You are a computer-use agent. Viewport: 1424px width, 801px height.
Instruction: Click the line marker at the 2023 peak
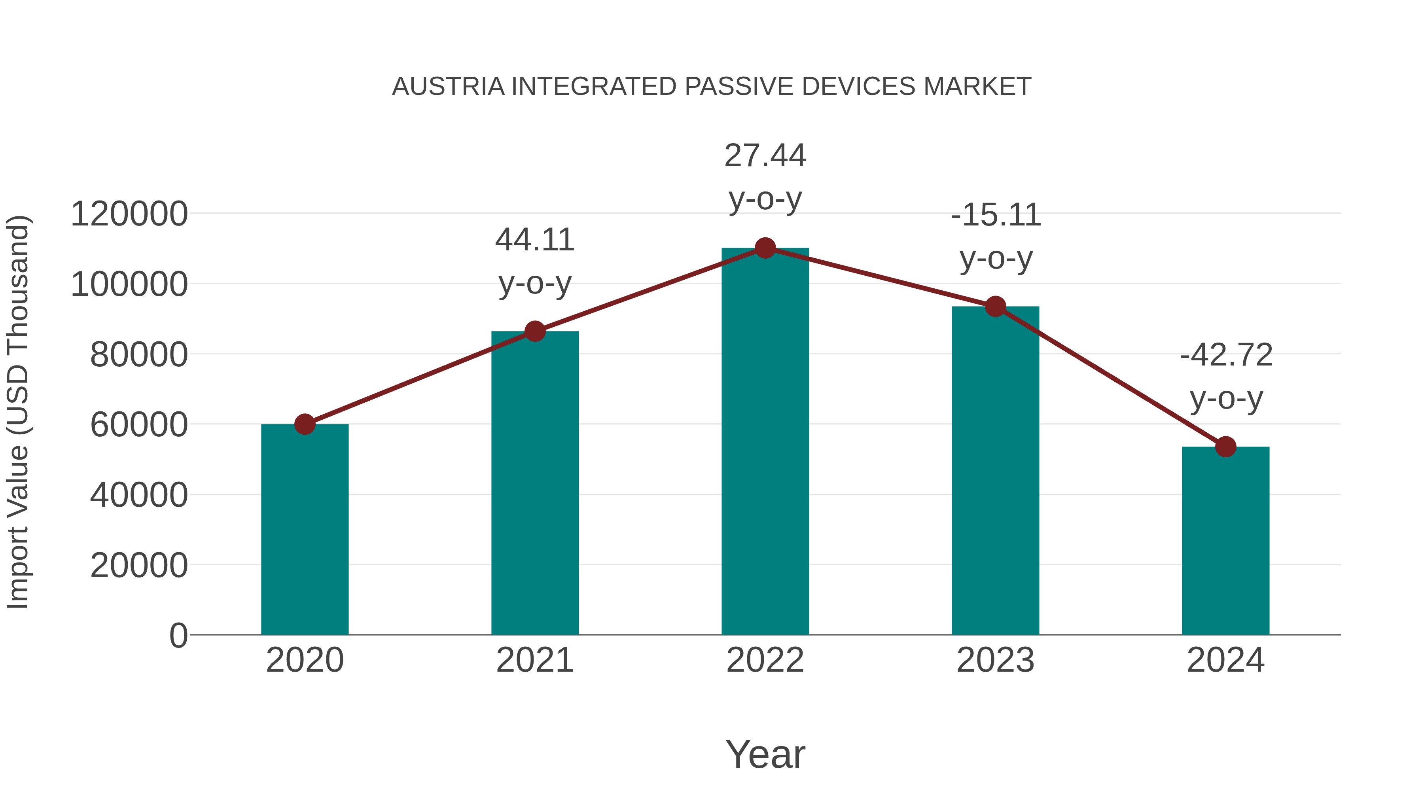[x=996, y=306]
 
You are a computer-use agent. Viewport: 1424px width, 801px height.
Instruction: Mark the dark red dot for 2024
[x=1225, y=447]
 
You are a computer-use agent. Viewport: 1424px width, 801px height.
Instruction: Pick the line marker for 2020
[x=305, y=424]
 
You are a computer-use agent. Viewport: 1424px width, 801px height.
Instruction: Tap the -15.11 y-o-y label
[x=996, y=236]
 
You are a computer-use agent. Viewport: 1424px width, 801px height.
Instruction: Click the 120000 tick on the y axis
[x=129, y=214]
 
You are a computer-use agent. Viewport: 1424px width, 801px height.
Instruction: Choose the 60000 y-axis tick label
[x=139, y=425]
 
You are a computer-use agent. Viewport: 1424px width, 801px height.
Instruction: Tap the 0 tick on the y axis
[x=178, y=636]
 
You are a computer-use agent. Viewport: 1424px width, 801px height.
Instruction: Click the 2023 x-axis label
[x=996, y=661]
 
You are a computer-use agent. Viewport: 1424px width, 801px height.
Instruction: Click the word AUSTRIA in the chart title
[x=448, y=87]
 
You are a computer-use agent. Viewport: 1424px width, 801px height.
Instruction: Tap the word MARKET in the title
[x=977, y=87]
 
